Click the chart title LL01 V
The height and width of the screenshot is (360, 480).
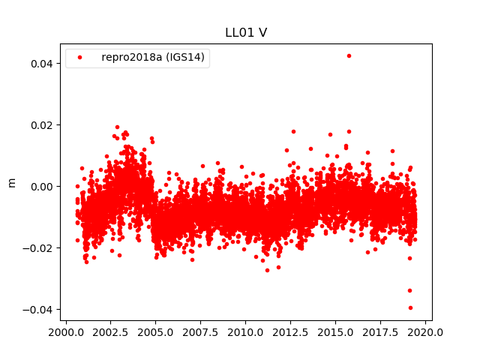click(246, 32)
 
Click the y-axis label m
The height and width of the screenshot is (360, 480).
click(11, 182)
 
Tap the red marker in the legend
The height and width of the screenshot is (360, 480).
click(80, 57)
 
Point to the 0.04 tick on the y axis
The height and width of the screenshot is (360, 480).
click(41, 63)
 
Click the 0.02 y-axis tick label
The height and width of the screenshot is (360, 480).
click(41, 124)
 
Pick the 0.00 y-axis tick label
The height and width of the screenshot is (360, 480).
click(41, 186)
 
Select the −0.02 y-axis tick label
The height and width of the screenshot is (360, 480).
click(38, 247)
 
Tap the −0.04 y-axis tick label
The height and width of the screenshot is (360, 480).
click(38, 310)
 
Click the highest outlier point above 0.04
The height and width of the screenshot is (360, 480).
click(349, 55)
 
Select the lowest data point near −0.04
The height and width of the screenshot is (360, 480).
click(410, 307)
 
